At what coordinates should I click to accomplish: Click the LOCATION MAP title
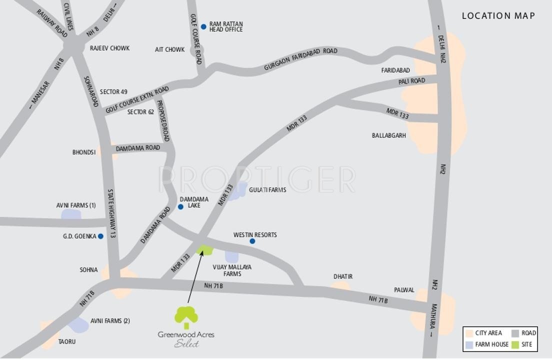pyautogui.click(x=498, y=16)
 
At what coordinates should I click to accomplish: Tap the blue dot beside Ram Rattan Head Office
pyautogui.click(x=203, y=26)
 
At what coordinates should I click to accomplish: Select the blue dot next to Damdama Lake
pyautogui.click(x=180, y=207)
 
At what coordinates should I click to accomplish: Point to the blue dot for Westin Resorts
pyautogui.click(x=252, y=241)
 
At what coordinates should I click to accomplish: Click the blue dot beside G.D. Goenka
pyautogui.click(x=100, y=236)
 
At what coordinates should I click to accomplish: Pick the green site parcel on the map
pyautogui.click(x=204, y=249)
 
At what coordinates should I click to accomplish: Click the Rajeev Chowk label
pyautogui.click(x=109, y=48)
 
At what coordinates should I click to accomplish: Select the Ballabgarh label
pyautogui.click(x=389, y=135)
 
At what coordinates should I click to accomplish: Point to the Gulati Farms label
pyautogui.click(x=267, y=190)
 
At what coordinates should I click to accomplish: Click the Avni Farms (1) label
pyautogui.click(x=75, y=205)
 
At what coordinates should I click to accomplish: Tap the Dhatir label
pyautogui.click(x=343, y=276)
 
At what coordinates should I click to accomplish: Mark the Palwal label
pyautogui.click(x=404, y=290)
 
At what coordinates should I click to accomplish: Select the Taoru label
pyautogui.click(x=67, y=342)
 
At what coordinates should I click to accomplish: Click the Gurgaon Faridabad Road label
pyautogui.click(x=300, y=59)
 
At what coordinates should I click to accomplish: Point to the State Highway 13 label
pyautogui.click(x=111, y=213)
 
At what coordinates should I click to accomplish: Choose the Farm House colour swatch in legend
pyautogui.click(x=469, y=344)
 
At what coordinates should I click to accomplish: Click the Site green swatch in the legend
pyautogui.click(x=515, y=344)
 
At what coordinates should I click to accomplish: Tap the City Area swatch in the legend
pyautogui.click(x=469, y=333)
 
